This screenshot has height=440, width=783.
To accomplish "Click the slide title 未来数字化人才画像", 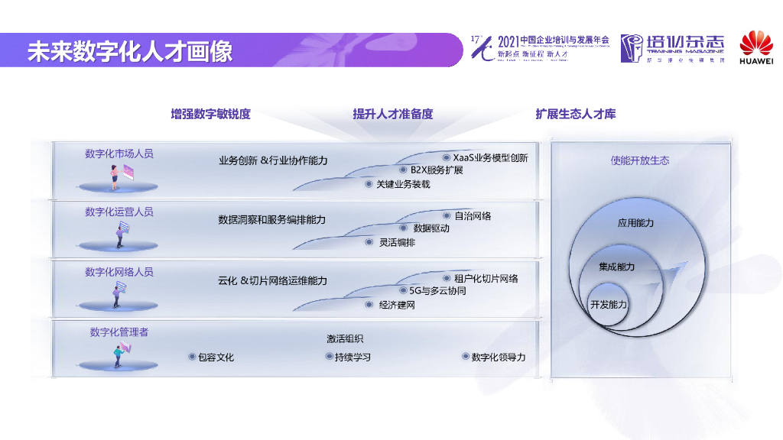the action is (130, 51).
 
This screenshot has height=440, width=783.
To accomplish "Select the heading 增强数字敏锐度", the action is (210, 115).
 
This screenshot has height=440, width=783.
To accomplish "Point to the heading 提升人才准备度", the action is (392, 115).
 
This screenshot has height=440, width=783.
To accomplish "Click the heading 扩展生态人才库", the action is (576, 115).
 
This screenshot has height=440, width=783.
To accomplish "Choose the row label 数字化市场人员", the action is (119, 154).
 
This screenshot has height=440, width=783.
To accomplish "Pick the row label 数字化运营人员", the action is (119, 212).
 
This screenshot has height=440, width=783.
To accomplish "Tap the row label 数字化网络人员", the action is (119, 272).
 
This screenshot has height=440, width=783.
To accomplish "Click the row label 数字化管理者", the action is (119, 332).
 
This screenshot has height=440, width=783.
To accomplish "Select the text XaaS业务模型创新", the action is (490, 158).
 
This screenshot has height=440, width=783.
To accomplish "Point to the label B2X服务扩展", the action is (437, 170).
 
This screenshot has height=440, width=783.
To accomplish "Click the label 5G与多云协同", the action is (437, 291).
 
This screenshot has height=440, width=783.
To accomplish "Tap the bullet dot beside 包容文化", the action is (191, 357).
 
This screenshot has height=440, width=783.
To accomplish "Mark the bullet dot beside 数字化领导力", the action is (465, 357).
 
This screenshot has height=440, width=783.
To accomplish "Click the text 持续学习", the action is (353, 357).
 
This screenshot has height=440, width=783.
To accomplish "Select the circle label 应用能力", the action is (635, 223).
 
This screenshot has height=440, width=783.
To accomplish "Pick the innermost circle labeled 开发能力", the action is (608, 305).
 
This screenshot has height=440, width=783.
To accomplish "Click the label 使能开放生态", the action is (639, 160).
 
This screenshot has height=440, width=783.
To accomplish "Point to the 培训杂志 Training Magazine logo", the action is (672, 48).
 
